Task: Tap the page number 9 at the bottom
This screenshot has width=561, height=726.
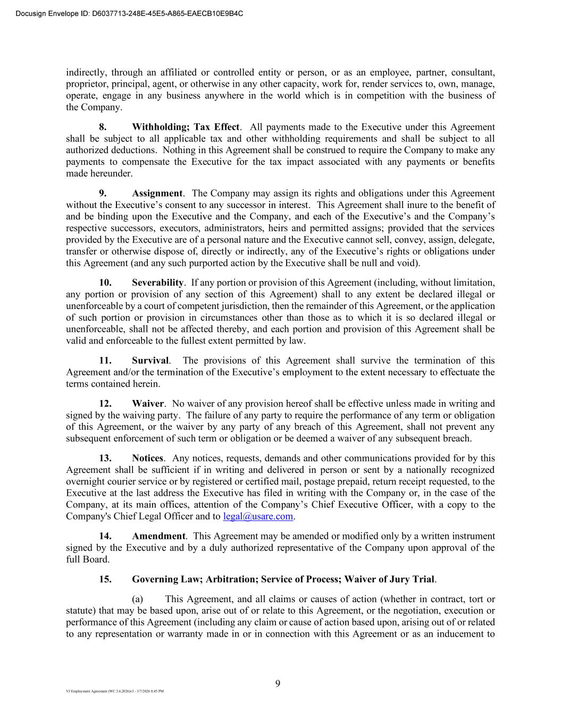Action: click(x=278, y=684)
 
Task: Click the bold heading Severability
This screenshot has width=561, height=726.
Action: click(x=157, y=282)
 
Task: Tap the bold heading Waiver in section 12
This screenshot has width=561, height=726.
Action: click(x=148, y=404)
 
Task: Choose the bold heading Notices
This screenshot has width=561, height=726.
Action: click(x=148, y=458)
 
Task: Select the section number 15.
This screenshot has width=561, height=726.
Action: click(x=105, y=579)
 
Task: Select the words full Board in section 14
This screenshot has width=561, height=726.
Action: click(x=88, y=560)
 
